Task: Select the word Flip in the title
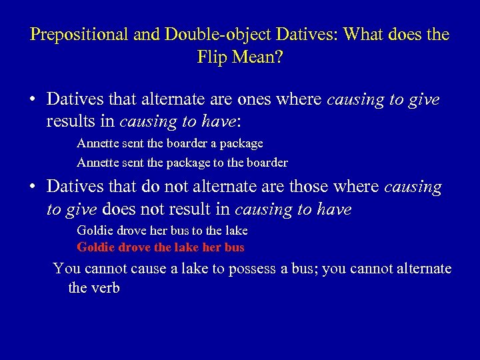pyautogui.click(x=213, y=57)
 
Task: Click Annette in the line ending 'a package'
pyautogui.click(x=97, y=143)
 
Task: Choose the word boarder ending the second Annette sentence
pyautogui.click(x=267, y=162)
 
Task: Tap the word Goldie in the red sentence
pyautogui.click(x=94, y=247)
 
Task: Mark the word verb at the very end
pyautogui.click(x=105, y=289)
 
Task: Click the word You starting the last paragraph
pyautogui.click(x=65, y=269)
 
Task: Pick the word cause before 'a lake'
pyautogui.click(x=149, y=269)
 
